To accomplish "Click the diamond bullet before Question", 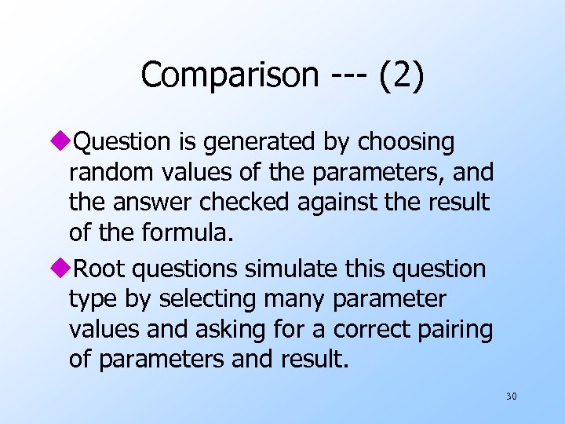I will point(75,142).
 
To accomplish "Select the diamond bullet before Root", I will point(75,269).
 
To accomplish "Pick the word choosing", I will point(406,143).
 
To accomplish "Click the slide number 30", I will point(511,397).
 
